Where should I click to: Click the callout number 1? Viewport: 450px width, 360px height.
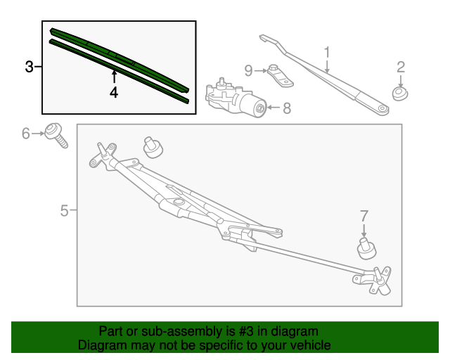point(327,53)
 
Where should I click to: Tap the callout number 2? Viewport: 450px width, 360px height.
point(401,67)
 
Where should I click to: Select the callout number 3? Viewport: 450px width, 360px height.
point(29,67)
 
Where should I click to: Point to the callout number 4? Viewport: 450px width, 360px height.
point(113,92)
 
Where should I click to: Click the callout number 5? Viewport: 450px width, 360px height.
point(64,210)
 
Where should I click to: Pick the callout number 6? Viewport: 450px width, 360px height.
point(26,132)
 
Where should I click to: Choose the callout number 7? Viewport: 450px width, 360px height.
point(364,215)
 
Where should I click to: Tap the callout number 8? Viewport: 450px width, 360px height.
point(286,108)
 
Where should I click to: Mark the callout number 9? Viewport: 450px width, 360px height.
point(248,70)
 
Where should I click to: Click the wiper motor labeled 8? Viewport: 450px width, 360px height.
point(236,101)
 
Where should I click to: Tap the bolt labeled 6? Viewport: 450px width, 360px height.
point(56,134)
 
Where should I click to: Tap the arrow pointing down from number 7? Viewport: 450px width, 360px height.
point(364,230)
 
